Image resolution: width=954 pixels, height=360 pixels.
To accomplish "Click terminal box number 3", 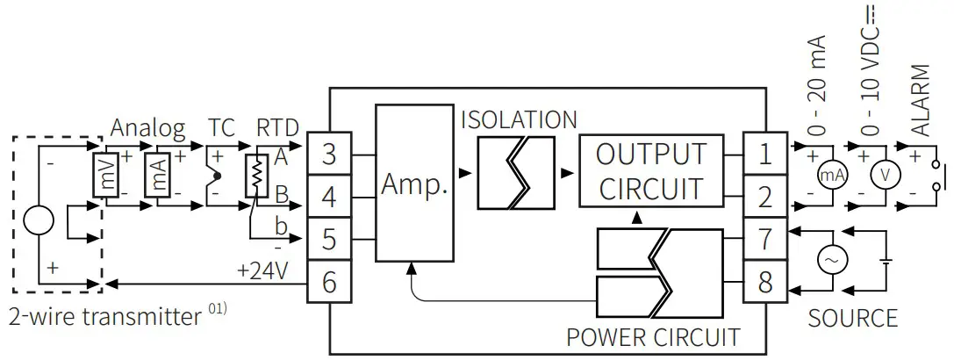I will (x=329, y=155).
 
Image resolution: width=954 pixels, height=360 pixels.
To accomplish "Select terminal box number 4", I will (x=329, y=197).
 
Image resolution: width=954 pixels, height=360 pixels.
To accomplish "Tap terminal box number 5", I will (x=329, y=239).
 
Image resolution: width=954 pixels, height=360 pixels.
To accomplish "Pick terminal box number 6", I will (x=329, y=282).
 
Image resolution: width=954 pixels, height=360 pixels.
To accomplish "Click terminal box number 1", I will (x=764, y=155).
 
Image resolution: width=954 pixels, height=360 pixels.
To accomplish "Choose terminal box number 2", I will (x=764, y=197).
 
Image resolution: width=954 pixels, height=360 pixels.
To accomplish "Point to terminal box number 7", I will (x=764, y=239).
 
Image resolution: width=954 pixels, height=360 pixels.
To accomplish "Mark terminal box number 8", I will (x=764, y=282).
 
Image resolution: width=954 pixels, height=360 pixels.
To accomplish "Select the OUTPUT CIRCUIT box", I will (x=650, y=170).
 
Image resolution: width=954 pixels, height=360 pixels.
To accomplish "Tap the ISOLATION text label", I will (x=520, y=119).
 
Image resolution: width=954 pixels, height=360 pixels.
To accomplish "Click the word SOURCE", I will (x=852, y=317).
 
